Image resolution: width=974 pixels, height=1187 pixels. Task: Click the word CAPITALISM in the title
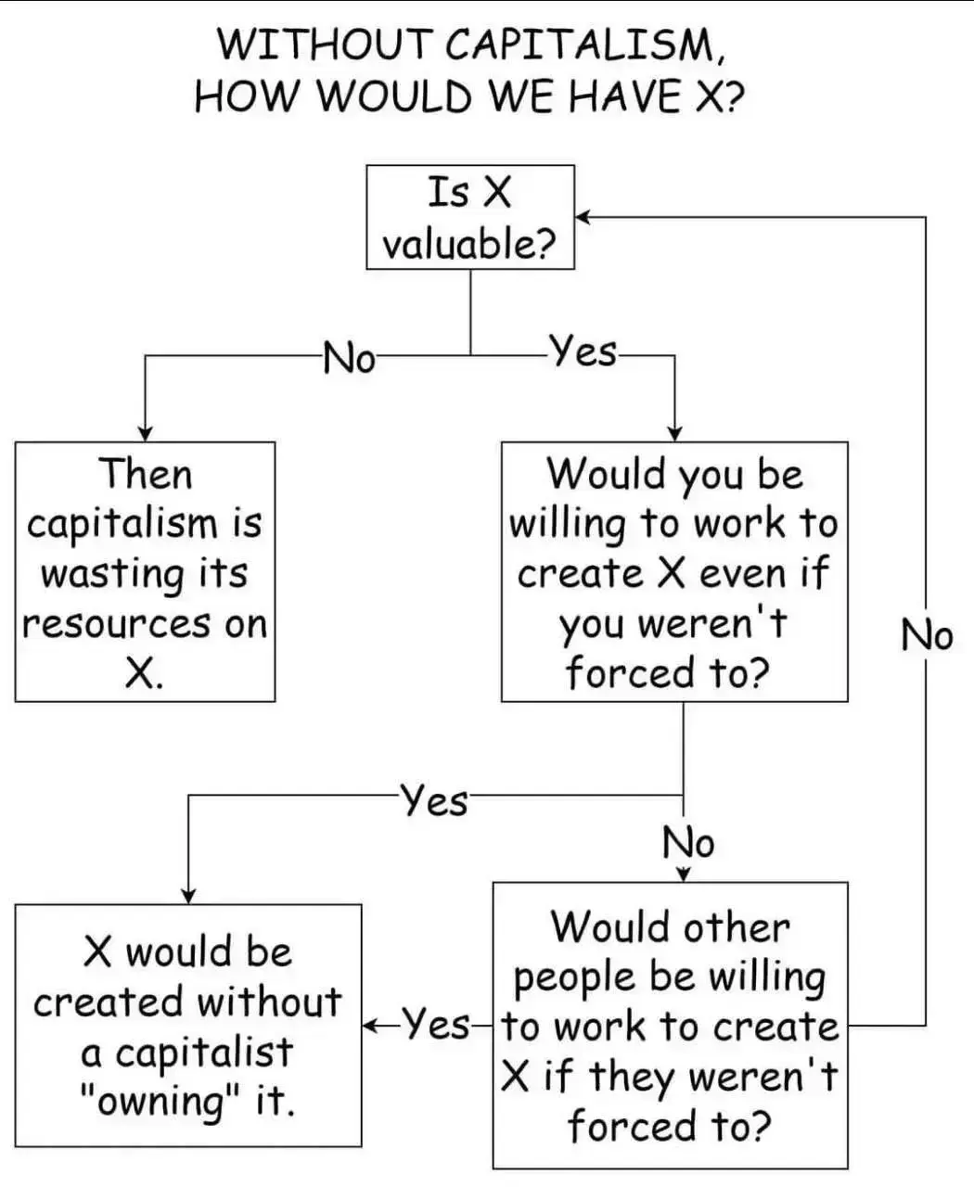(x=584, y=44)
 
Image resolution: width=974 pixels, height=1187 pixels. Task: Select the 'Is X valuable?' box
(x=470, y=217)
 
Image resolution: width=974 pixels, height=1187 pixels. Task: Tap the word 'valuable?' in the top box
(x=469, y=245)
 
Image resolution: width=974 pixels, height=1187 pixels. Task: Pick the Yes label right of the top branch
(x=583, y=351)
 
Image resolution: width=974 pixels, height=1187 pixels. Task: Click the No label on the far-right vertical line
(x=927, y=636)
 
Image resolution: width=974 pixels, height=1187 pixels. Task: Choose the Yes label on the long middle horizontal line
(x=434, y=799)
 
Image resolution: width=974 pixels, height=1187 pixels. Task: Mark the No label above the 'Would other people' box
(x=688, y=843)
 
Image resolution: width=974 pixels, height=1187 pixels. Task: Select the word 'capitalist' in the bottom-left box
(x=204, y=1052)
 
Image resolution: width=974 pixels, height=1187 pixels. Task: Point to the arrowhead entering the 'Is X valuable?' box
(x=583, y=217)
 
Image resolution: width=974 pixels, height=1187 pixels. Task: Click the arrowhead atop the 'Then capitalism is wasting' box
(x=146, y=434)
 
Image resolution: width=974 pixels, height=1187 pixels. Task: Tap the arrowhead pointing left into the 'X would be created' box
(x=369, y=1026)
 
